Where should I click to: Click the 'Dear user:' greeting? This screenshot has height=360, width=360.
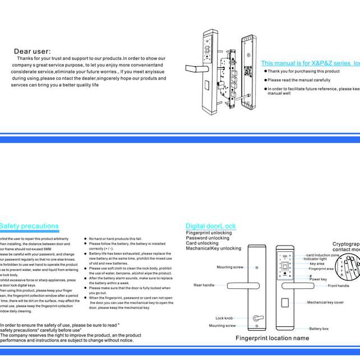32,52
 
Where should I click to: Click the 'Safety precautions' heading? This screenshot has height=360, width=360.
29,226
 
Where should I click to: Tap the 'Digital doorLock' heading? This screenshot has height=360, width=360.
211,226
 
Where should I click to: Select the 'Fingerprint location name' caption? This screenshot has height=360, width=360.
272,338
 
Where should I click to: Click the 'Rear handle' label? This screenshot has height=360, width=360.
204,285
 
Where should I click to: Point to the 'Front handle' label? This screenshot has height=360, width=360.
338,285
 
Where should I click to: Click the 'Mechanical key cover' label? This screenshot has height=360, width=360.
325,303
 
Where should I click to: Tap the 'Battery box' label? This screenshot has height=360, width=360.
319,329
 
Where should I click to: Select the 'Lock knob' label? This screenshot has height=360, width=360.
224,318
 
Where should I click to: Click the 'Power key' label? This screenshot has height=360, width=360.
318,279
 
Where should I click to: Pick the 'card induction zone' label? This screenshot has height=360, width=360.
322,255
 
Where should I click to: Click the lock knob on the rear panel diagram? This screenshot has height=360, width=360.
257,318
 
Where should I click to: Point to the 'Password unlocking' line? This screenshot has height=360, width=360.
207,238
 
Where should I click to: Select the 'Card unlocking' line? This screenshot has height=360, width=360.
202,243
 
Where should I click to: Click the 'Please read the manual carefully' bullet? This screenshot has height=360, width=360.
298,80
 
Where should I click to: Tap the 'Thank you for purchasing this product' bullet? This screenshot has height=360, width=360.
303,71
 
